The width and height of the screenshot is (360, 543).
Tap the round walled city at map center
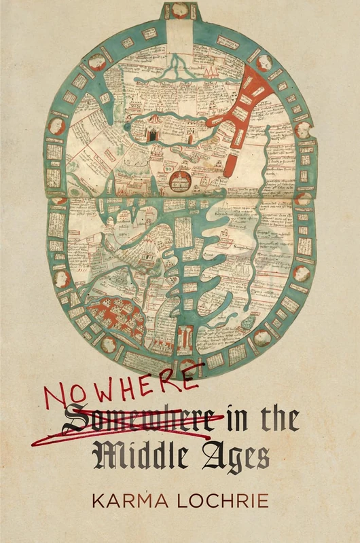181,180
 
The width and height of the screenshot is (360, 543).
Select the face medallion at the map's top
181,10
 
